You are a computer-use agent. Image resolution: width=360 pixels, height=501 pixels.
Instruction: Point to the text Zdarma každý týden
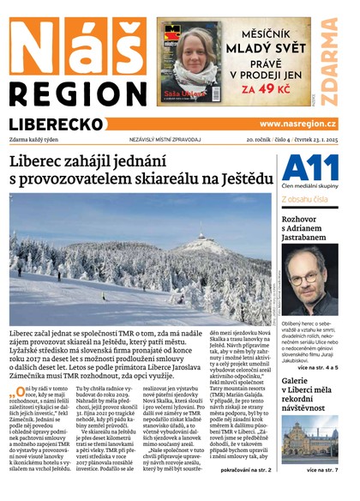point(35,139)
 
